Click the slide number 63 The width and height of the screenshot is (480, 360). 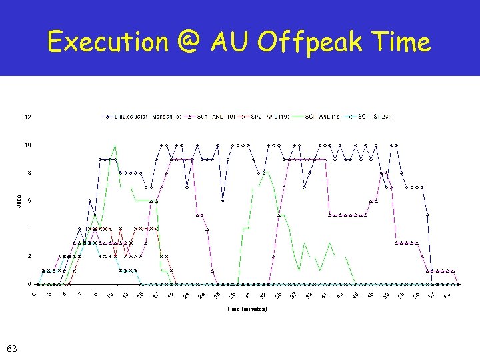[x=11, y=348]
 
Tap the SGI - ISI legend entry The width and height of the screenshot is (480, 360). [x=369, y=117]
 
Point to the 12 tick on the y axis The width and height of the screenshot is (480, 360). [x=27, y=117]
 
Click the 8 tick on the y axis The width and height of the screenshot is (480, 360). [x=28, y=173]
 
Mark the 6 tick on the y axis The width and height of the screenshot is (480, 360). [x=28, y=201]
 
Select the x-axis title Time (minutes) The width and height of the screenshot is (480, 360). [x=247, y=309]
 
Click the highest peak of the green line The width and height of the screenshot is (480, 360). [x=115, y=145]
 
